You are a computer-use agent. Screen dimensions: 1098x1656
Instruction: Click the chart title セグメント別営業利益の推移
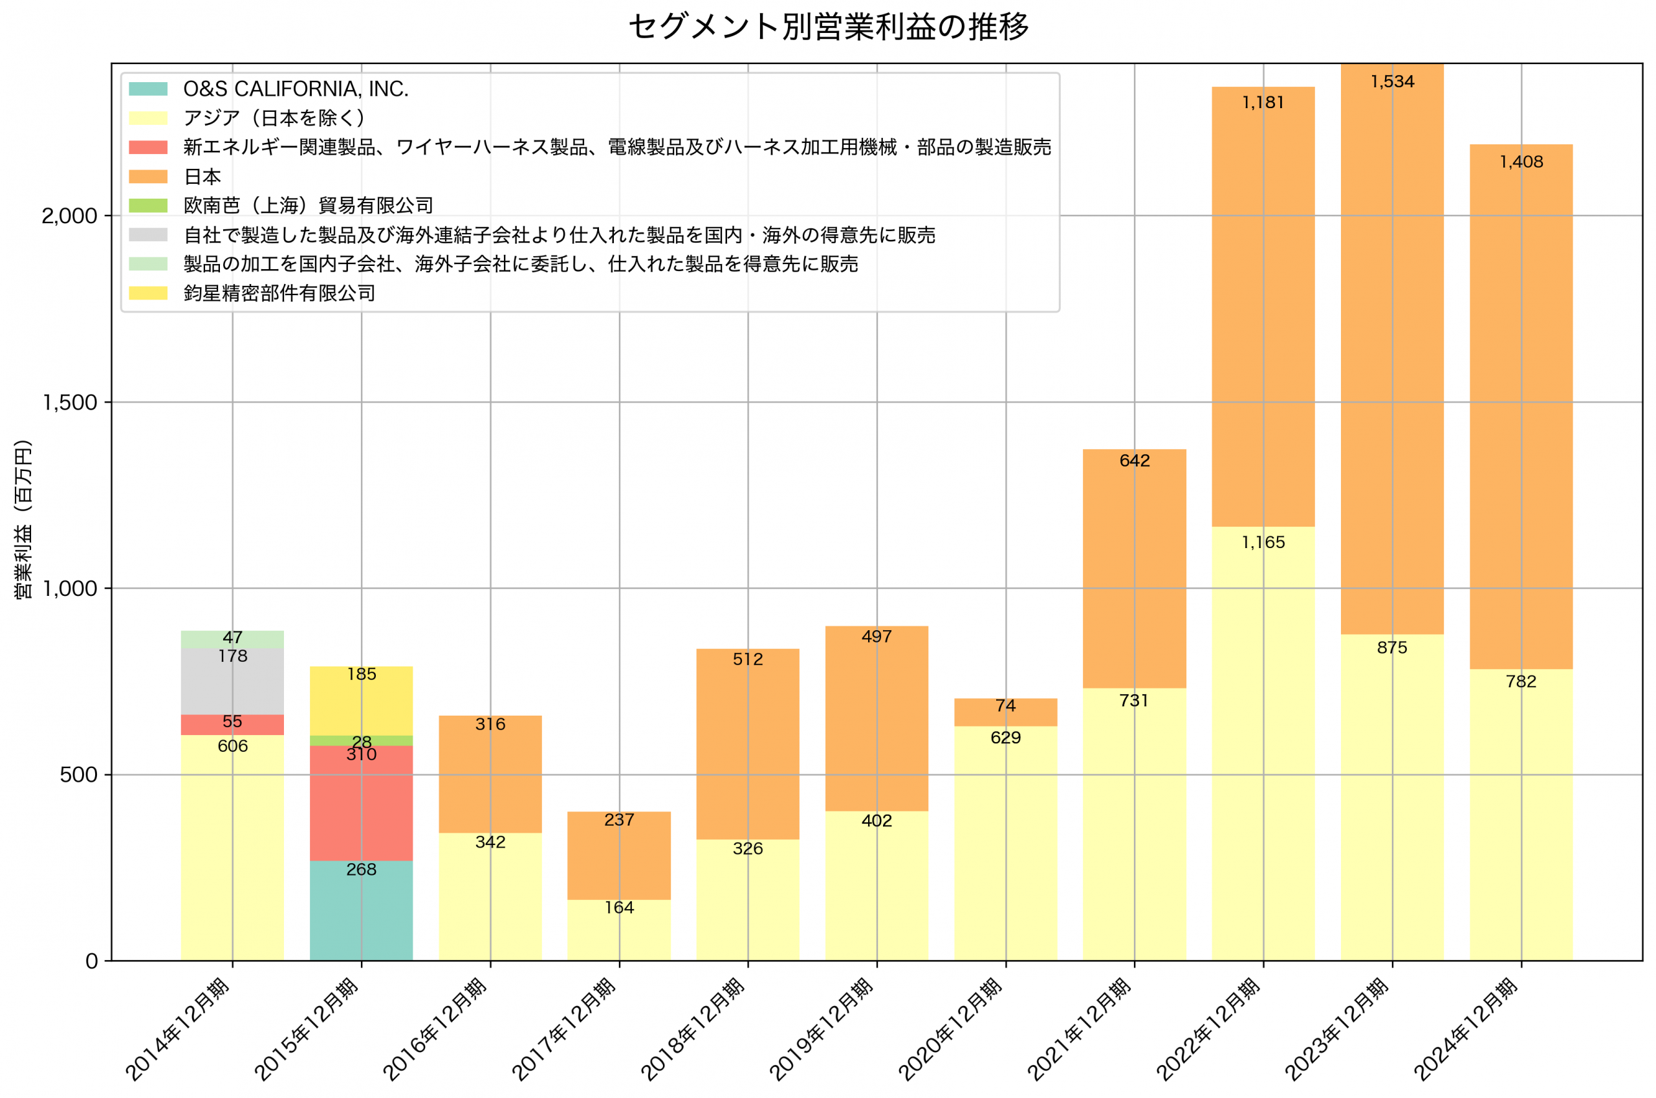pos(828,27)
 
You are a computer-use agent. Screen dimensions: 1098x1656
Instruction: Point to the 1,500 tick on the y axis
pos(69,402)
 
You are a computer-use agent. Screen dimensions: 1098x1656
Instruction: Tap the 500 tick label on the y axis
pos(78,775)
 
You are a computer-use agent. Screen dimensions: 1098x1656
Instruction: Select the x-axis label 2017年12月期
pos(564,1029)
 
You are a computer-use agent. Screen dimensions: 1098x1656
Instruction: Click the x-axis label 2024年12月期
pos(1466,1029)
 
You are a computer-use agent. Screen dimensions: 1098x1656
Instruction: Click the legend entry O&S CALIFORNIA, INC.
pos(296,89)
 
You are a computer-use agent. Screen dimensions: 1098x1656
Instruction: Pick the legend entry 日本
pos(202,177)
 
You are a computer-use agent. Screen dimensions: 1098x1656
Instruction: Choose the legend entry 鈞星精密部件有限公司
pos(279,293)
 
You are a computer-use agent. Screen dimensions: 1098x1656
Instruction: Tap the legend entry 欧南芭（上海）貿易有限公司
pos(308,206)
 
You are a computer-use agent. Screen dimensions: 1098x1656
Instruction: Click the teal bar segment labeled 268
pos(361,910)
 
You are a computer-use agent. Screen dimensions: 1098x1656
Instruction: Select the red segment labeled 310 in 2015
pos(361,806)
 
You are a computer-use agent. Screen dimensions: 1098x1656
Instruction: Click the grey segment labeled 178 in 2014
pos(232,681)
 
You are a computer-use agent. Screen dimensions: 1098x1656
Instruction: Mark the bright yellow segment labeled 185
pos(361,701)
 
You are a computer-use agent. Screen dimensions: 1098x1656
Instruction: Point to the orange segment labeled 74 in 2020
pos(1005,712)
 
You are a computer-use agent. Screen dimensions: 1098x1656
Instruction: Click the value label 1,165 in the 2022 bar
pos(1263,542)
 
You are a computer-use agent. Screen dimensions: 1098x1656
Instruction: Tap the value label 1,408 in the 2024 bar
pos(1520,162)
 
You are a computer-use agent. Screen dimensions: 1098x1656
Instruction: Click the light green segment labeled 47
pos(232,639)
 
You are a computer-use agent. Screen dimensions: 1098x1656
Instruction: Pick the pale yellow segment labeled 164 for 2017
pos(618,930)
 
